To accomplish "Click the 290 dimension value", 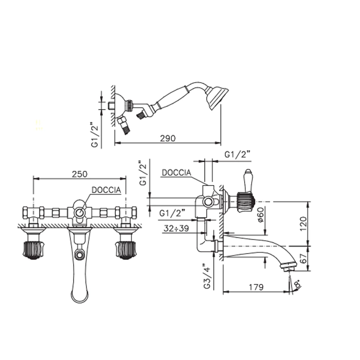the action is tap(168, 138).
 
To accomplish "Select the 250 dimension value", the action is tap(80, 174).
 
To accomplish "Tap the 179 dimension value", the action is tap(256, 287).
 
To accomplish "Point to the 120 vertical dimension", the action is tap(303, 224).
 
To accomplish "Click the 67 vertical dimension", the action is tap(303, 258).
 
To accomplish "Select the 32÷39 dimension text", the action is tap(176, 228).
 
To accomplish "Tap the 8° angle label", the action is tap(298, 284).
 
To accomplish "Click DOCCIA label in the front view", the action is tap(106, 190).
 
